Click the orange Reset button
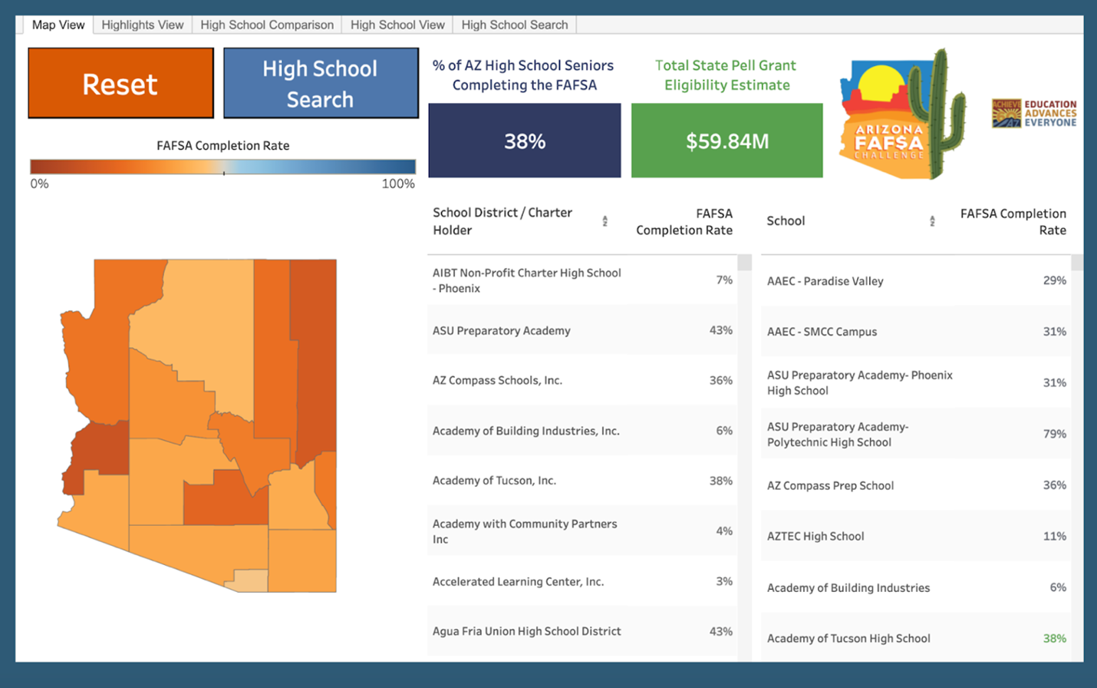[x=120, y=84]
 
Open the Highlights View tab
[x=143, y=25]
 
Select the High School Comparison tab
[x=267, y=25]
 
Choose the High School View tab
[x=397, y=25]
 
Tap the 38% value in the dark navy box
[x=525, y=141]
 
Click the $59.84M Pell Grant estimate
[x=726, y=141]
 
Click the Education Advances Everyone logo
[x=1033, y=114]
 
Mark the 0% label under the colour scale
[x=39, y=184]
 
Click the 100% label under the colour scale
[x=398, y=184]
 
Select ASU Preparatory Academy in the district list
[x=502, y=331]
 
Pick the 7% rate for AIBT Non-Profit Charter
[x=724, y=280]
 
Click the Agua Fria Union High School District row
[x=527, y=631]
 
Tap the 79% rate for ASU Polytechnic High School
[x=1054, y=434]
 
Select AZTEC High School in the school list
[x=815, y=536]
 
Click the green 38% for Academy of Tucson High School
[x=1054, y=638]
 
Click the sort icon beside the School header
[x=932, y=221]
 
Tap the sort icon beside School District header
[x=605, y=221]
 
